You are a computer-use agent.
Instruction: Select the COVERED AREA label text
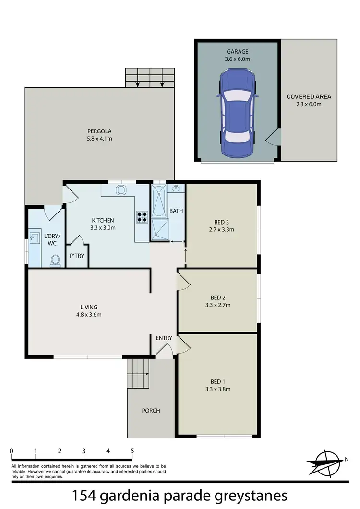pyautogui.click(x=309, y=96)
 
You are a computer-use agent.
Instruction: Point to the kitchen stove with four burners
pyautogui.click(x=143, y=217)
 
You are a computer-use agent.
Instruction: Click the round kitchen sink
pyautogui.click(x=120, y=190)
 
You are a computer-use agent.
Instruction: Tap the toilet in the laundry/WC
pyautogui.click(x=56, y=260)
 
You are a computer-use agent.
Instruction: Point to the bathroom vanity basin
pyautogui.click(x=176, y=188)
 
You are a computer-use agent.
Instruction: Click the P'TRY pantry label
pyautogui.click(x=77, y=256)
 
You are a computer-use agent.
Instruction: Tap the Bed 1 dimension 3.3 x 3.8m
pyautogui.click(x=218, y=389)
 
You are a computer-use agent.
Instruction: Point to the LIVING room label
pyautogui.click(x=89, y=307)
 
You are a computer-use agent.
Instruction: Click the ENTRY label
pyautogui.click(x=164, y=338)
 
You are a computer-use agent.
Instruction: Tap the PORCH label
pyautogui.click(x=151, y=411)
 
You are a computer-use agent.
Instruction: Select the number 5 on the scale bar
pyautogui.click(x=132, y=451)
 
